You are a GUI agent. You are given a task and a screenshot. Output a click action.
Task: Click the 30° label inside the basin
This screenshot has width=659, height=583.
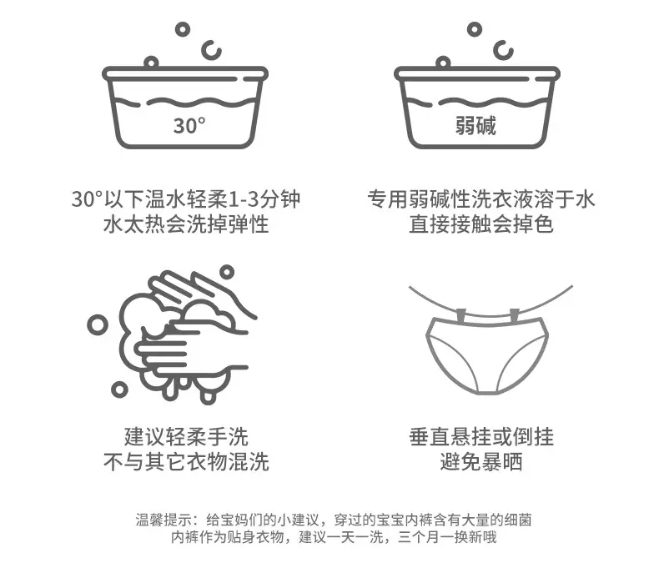click(189, 125)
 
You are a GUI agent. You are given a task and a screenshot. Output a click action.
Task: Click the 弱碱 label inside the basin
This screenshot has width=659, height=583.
click(475, 125)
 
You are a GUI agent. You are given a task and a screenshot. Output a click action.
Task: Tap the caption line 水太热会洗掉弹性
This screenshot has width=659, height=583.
click(186, 224)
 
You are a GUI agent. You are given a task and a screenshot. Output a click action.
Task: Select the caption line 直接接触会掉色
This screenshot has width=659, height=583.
click(481, 224)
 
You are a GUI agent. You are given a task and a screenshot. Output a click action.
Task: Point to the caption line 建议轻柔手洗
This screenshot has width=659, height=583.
click(186, 437)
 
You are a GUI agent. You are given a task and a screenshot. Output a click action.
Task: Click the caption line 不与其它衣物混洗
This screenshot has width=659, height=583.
click(186, 462)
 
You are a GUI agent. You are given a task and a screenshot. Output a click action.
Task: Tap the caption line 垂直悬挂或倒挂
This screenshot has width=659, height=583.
click(481, 437)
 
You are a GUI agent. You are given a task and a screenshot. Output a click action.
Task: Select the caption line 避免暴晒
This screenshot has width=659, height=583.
click(481, 462)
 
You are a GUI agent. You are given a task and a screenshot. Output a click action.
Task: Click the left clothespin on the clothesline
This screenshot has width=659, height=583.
click(461, 314)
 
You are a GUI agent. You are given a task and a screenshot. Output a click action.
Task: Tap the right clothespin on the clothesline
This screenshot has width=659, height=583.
click(515, 314)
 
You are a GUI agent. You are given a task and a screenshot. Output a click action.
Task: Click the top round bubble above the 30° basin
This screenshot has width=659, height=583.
click(183, 29)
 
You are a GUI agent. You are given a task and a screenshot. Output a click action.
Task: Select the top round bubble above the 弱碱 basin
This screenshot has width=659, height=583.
click(475, 29)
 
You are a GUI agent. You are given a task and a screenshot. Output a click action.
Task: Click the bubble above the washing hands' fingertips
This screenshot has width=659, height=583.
click(227, 272)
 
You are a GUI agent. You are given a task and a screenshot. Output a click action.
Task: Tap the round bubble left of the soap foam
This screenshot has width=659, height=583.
click(98, 325)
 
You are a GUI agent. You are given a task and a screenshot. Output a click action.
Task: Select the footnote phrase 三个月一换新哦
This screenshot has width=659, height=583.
click(447, 537)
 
